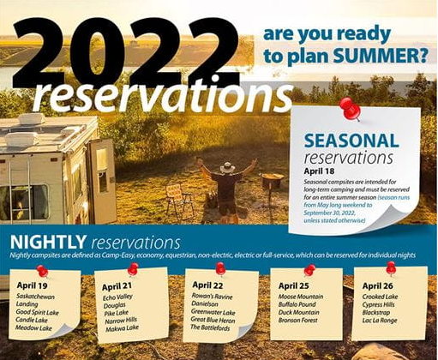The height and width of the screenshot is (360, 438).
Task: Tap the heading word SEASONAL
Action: point(351,141)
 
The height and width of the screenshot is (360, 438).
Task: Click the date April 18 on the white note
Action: point(319,171)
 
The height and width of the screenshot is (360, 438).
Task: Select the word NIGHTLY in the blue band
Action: point(48,242)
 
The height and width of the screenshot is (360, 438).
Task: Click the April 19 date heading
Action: point(32,285)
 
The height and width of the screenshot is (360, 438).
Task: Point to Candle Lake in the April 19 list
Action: point(32,320)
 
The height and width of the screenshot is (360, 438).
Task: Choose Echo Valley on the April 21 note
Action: point(117,297)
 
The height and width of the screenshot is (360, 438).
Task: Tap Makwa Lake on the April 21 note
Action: point(122,328)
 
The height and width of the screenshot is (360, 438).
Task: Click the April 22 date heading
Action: point(207,285)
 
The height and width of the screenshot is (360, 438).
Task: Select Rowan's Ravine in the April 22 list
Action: point(212,297)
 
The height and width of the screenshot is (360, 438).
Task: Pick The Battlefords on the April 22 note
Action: point(210,327)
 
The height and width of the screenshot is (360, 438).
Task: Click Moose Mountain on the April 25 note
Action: point(301,297)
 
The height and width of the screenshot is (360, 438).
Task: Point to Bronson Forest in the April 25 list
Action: point(297,321)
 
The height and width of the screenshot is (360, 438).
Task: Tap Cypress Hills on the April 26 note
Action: point(378,304)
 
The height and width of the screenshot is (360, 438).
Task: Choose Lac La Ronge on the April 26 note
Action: point(380,321)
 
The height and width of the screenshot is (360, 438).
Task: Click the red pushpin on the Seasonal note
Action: point(351,109)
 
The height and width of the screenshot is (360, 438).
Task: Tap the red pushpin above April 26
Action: point(391,268)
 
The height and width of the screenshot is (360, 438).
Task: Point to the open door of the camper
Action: point(102,181)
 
